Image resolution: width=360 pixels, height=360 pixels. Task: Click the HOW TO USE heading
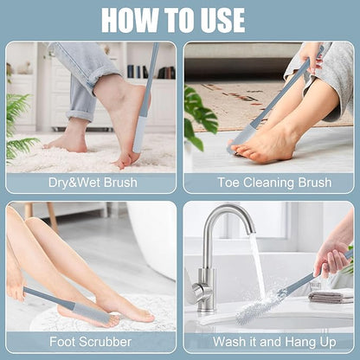(x=180, y=19)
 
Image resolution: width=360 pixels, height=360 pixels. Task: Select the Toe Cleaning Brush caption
(x=267, y=183)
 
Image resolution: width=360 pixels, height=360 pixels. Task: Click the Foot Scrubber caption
(x=91, y=342)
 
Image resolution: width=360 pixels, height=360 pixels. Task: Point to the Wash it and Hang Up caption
(x=267, y=342)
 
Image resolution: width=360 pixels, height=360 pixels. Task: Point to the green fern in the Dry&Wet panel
(x=19, y=125)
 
